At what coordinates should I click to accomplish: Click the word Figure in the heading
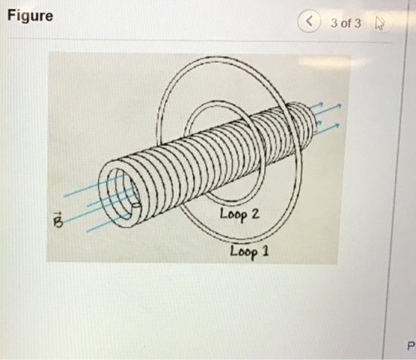(30, 16)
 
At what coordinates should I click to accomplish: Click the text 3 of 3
(345, 23)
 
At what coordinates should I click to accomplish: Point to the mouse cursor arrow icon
(380, 23)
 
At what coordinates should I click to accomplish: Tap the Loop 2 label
(239, 215)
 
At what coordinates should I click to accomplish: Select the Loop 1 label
(250, 252)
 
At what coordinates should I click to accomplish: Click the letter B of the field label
(58, 223)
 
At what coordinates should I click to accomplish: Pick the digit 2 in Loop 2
(256, 213)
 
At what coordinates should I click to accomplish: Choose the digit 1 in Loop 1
(266, 251)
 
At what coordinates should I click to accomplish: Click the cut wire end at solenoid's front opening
(136, 205)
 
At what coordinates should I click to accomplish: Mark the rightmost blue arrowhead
(339, 105)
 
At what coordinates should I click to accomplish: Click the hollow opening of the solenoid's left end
(123, 194)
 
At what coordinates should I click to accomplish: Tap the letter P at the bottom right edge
(411, 346)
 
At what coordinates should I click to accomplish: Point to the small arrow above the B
(58, 214)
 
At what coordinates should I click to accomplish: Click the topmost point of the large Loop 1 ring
(218, 58)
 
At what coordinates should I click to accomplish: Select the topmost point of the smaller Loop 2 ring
(217, 102)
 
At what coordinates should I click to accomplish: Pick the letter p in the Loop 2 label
(244, 216)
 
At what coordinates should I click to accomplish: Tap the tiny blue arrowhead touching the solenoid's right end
(319, 122)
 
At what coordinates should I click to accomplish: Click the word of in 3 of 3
(345, 23)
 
